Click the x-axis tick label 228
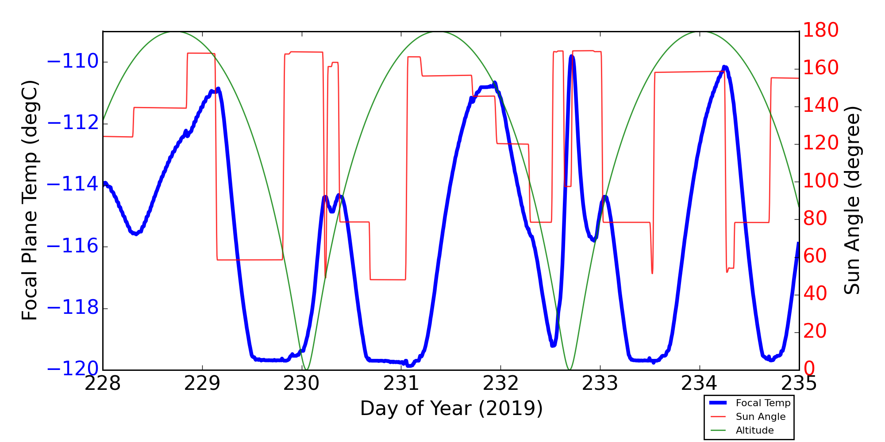tap(103, 384)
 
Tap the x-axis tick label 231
tap(401, 384)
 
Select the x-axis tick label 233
tap(600, 384)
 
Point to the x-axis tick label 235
tap(799, 384)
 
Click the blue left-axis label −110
tap(73, 61)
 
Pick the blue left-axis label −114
tap(73, 184)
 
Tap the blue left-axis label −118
tap(73, 308)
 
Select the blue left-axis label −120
tap(73, 369)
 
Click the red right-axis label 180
tap(821, 30)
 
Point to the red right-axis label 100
tap(821, 181)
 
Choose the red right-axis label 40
tap(815, 293)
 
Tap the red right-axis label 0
tap(809, 369)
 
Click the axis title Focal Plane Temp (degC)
tap(30, 200)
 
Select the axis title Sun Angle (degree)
tap(852, 200)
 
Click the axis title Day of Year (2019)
tap(451, 408)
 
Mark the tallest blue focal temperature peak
tap(572, 57)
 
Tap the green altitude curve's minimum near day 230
tap(306, 369)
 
